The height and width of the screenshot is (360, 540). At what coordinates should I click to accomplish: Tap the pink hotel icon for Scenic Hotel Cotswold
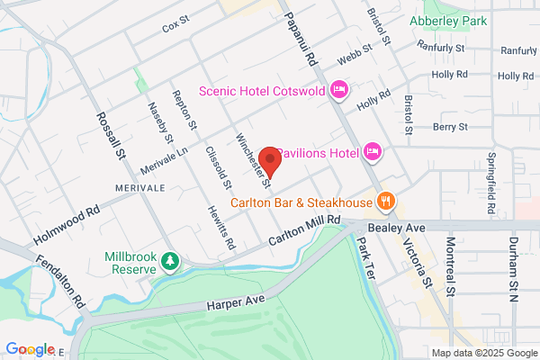point(339,89)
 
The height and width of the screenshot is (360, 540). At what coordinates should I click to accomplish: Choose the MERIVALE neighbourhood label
point(140,186)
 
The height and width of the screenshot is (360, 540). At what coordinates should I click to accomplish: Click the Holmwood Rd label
point(65,228)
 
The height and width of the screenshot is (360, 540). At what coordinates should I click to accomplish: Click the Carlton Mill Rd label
point(306,230)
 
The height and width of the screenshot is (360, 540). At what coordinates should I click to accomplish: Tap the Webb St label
point(355,58)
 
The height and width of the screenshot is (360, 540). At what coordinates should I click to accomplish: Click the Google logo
point(31,349)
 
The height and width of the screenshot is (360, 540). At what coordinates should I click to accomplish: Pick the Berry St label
point(447,128)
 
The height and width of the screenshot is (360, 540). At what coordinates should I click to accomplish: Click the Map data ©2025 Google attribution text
point(482,352)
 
